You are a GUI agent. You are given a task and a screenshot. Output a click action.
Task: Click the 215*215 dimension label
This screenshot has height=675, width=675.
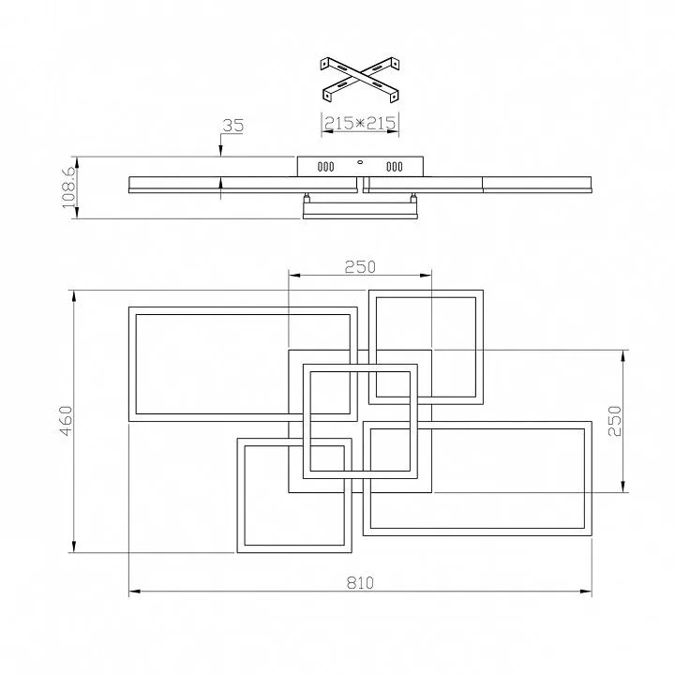click(x=361, y=124)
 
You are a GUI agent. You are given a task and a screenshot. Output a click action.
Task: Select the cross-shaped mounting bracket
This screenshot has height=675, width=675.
click(x=361, y=78)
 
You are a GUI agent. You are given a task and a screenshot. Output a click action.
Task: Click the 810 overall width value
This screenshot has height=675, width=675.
click(x=361, y=582)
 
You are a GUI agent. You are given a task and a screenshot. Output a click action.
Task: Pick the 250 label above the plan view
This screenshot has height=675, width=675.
click(x=360, y=266)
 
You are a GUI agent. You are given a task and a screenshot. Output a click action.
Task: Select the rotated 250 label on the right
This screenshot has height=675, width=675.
click(x=615, y=419)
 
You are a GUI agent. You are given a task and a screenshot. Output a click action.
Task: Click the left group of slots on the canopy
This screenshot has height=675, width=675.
click(x=326, y=168)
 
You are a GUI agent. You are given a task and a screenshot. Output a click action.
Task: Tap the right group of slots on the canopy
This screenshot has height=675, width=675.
click(x=394, y=168)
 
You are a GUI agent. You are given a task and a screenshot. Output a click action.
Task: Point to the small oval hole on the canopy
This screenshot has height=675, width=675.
click(x=360, y=161)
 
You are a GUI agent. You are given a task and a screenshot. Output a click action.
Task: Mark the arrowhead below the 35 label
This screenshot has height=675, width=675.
click(x=220, y=151)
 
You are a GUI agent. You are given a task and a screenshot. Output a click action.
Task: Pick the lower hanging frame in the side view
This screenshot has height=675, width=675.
click(x=360, y=212)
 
